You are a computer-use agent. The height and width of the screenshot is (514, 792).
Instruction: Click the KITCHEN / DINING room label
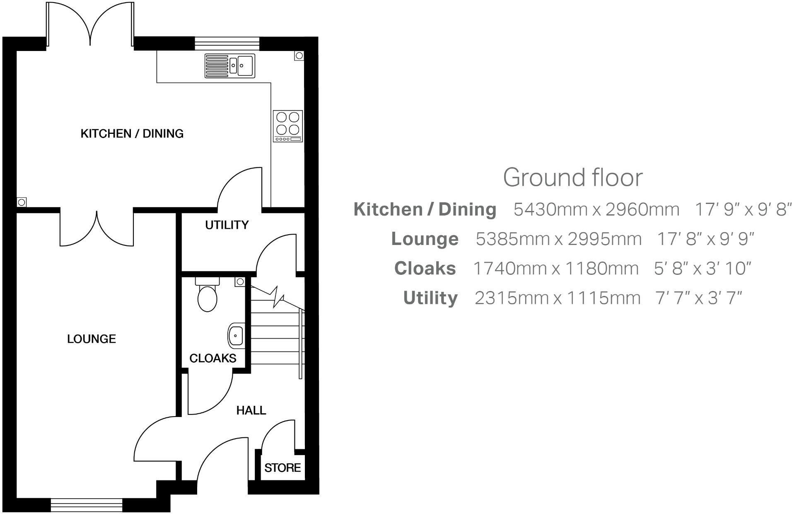click(132, 133)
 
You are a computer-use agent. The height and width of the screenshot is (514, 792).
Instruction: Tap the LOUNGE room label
click(92, 339)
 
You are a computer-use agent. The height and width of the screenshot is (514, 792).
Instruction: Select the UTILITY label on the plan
click(227, 225)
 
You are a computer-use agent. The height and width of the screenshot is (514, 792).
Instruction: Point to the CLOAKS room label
click(212, 358)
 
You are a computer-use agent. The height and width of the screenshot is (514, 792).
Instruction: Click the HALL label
click(251, 410)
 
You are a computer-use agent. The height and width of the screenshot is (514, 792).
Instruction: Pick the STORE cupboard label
click(283, 468)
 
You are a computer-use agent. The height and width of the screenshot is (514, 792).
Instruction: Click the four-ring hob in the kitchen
click(288, 126)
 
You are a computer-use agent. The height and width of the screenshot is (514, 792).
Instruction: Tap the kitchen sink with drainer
click(230, 66)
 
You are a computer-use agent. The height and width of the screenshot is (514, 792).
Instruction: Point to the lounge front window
click(87, 505)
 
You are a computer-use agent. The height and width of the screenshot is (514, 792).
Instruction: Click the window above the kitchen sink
click(227, 43)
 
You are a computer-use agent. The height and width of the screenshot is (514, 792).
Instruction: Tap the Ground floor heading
click(572, 177)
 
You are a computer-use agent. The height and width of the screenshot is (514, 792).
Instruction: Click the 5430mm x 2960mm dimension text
click(596, 210)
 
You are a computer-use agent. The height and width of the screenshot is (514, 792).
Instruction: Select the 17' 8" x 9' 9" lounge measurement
click(705, 239)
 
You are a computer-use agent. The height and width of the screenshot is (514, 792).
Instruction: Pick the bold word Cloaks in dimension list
click(425, 269)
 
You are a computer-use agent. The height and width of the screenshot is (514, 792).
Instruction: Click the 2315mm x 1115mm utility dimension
click(557, 298)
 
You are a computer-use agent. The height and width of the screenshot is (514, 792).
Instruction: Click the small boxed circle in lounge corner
click(22, 202)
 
